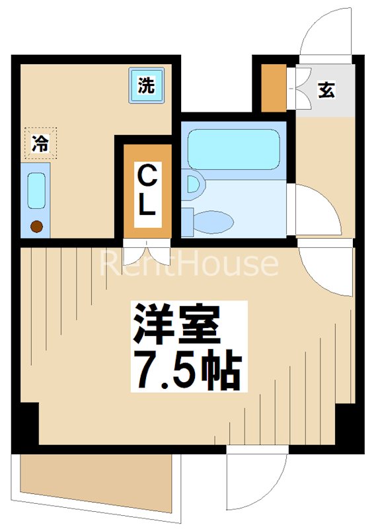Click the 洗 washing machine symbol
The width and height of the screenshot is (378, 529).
(147, 85)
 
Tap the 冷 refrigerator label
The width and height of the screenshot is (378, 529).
(40, 143)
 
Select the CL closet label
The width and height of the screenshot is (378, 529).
(146, 191)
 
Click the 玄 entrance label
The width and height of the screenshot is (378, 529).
(326, 89)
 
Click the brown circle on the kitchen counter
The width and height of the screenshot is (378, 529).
(36, 227)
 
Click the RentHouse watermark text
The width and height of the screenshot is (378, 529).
(189, 263)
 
